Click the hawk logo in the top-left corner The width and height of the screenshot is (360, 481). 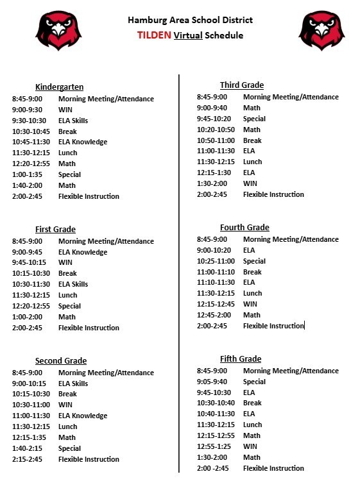point(58,30)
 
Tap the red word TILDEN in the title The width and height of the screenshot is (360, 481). point(154,36)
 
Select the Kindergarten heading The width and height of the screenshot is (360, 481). point(59,87)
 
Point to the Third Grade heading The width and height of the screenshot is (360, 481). point(241,85)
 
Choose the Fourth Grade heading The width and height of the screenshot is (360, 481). point(244,228)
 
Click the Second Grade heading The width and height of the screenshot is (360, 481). point(61,361)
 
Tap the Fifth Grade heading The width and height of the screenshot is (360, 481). point(241,359)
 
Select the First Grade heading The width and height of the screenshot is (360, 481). point(55,230)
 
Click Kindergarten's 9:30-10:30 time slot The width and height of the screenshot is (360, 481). point(29,121)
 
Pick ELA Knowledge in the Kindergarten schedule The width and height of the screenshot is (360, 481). point(83,142)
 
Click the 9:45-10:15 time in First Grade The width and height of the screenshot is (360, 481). point(29,263)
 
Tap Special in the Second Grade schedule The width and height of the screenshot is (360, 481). point(69,448)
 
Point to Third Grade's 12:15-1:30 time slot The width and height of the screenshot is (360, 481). point(216,173)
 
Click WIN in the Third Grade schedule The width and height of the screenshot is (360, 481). point(250,183)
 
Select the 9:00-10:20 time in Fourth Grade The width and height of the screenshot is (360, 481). point(216,250)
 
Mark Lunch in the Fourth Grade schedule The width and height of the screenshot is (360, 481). point(252,293)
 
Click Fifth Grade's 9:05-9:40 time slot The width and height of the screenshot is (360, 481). point(213,382)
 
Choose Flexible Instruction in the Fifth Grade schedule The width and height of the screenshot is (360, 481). point(273,468)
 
